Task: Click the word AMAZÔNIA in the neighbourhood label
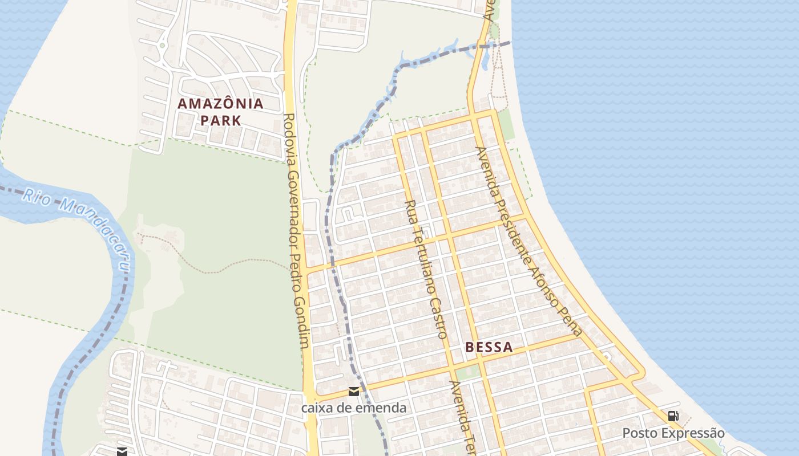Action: (x=220, y=104)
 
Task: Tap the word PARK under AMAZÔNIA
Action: (x=220, y=120)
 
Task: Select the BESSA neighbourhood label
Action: (x=489, y=347)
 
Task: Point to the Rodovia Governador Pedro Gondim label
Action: (x=296, y=231)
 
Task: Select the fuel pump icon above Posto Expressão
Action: (x=673, y=416)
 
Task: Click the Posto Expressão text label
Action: (x=673, y=433)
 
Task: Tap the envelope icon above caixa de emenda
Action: (x=354, y=391)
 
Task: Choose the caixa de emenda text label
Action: (x=354, y=408)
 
